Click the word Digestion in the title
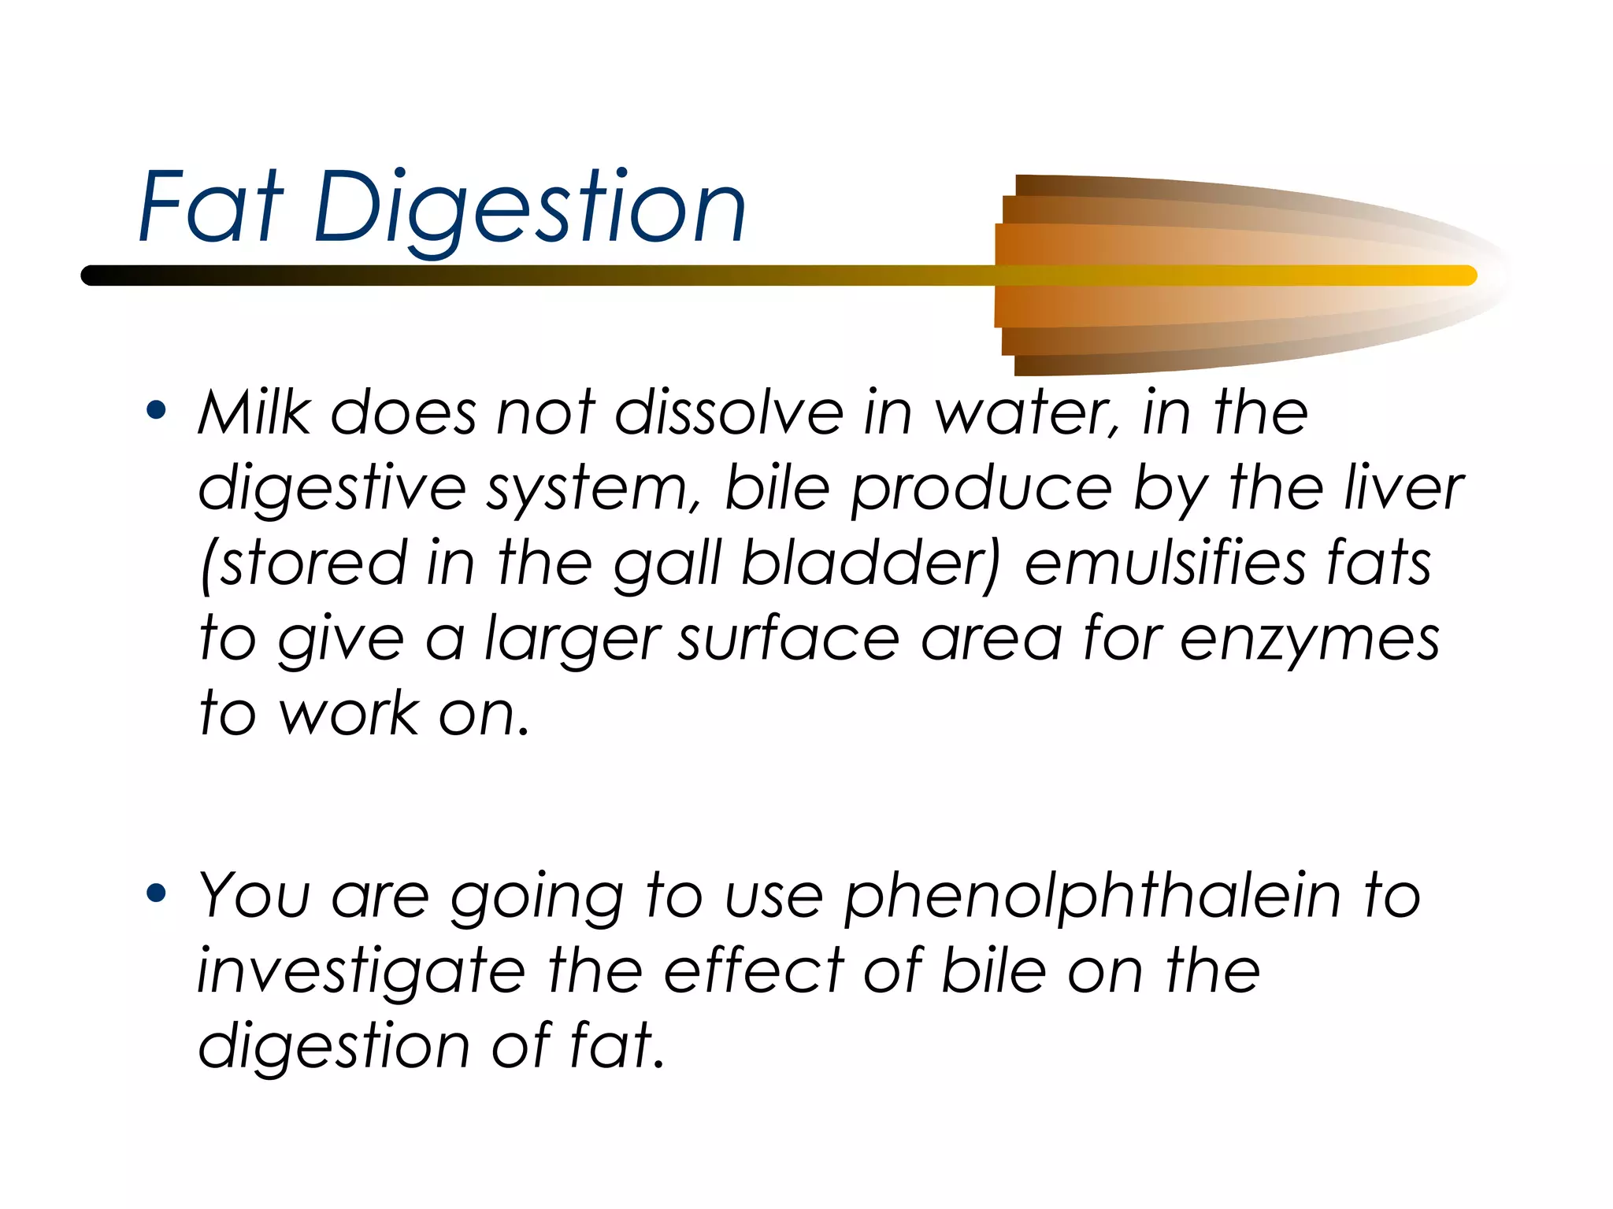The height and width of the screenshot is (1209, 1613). coord(529,209)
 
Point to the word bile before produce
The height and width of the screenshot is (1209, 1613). coord(777,488)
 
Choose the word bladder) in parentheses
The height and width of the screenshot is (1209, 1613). coord(871,564)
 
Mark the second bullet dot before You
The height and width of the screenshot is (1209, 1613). coord(157,893)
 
